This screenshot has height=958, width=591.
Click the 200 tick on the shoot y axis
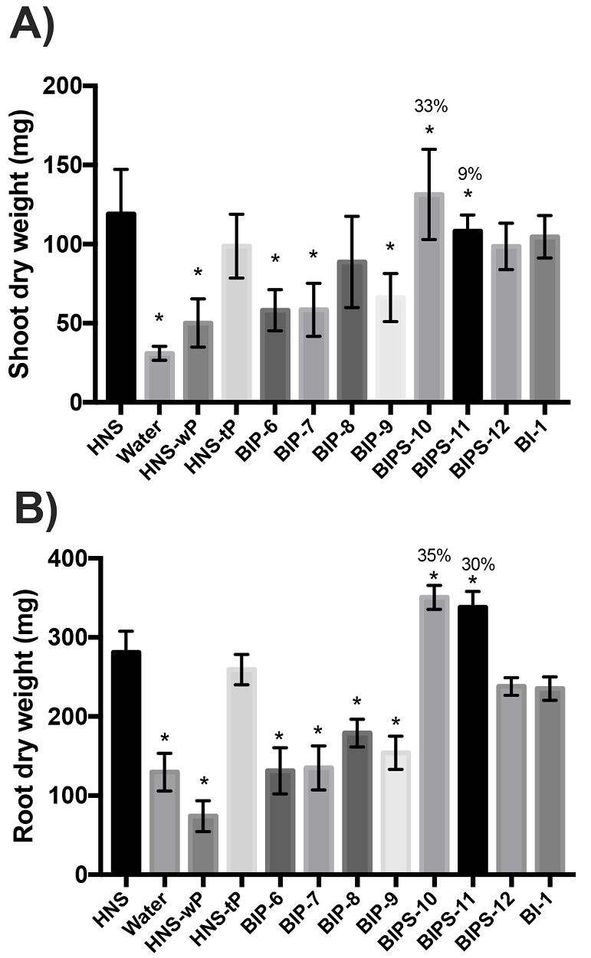coord(64,86)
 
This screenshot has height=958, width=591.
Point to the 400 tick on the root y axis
coord(64,558)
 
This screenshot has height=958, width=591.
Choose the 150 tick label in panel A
coord(64,165)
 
